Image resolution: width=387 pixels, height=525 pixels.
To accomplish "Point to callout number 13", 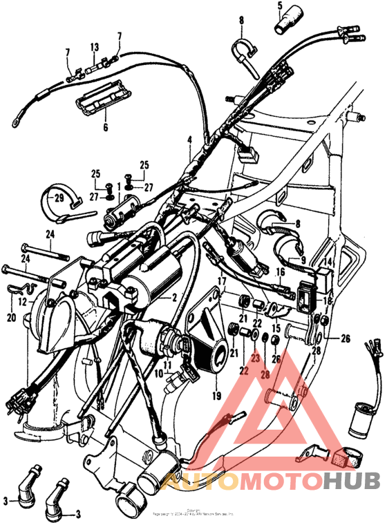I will [x=95, y=47].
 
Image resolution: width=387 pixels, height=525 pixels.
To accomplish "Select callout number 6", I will [x=106, y=127].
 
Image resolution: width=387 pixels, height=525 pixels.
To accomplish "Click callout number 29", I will [x=59, y=198].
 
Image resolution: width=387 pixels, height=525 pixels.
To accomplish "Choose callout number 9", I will [x=301, y=260].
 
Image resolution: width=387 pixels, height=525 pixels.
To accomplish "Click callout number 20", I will [x=10, y=317].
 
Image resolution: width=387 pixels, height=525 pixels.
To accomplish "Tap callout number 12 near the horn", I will [x=22, y=302].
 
